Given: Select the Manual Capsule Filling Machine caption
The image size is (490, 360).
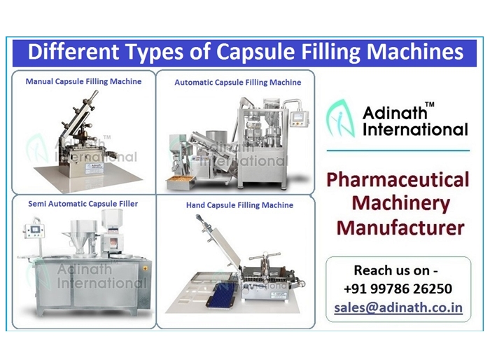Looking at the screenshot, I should (x=83, y=81).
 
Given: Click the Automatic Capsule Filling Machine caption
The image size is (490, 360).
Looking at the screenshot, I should (x=237, y=83).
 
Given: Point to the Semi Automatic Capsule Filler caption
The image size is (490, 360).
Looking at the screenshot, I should (x=83, y=204).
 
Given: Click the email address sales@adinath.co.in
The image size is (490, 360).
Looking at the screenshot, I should (x=398, y=307).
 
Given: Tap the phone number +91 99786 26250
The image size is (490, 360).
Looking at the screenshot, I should (x=398, y=289).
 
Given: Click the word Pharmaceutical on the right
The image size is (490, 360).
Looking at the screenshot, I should (x=398, y=180).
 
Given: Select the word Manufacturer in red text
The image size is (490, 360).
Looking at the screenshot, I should (x=400, y=228).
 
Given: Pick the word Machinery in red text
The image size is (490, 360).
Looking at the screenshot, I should (x=400, y=204).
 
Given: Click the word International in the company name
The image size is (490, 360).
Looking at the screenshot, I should (x=416, y=129).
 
